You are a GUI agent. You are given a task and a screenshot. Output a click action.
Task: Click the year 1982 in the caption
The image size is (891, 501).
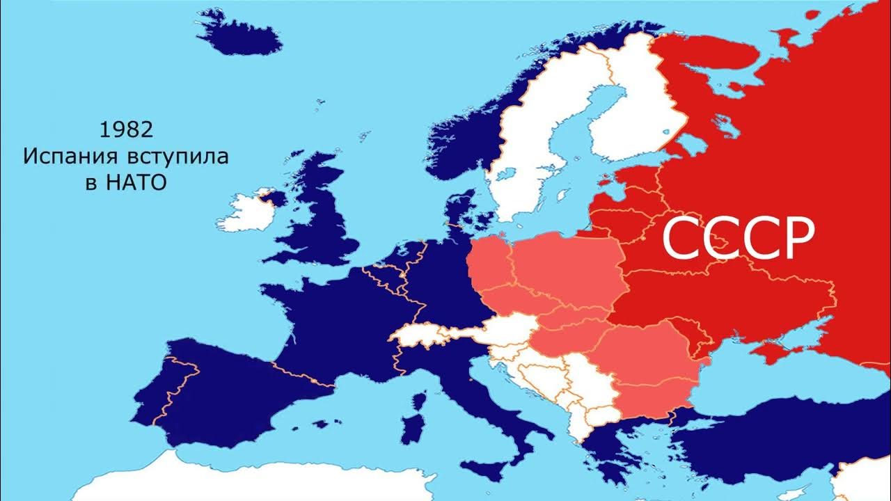(x=125, y=129)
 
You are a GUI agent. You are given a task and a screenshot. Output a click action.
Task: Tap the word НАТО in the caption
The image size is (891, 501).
(x=136, y=183)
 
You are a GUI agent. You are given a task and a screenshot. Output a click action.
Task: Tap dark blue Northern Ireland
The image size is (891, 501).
(x=274, y=198)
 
